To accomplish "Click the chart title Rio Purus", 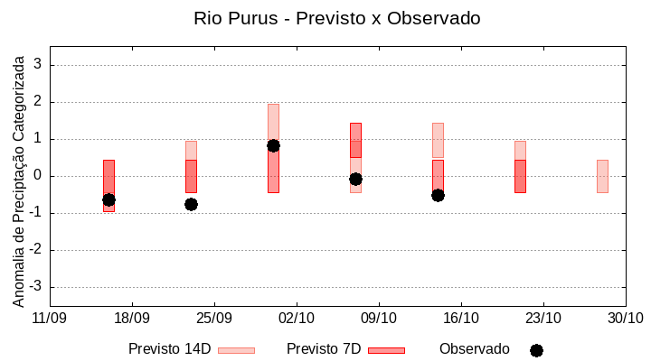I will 336,18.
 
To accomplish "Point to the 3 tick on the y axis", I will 38,65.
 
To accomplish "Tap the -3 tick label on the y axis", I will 35,287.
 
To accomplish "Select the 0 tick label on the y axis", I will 38,176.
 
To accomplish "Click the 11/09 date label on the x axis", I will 50,318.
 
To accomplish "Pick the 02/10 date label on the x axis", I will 297,318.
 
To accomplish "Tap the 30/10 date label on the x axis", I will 625,318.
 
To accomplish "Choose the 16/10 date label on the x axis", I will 461,318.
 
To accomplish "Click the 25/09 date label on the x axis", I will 214,318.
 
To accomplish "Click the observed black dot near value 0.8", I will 273,145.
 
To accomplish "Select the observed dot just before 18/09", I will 108,199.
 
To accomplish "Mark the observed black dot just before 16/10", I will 438,195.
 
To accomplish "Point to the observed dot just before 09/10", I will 355,179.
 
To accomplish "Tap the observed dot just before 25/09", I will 191,204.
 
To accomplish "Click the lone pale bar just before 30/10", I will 602,176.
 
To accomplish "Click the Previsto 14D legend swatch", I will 236,350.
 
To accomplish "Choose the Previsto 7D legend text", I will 323,349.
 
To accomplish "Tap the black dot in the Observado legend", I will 536,350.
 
